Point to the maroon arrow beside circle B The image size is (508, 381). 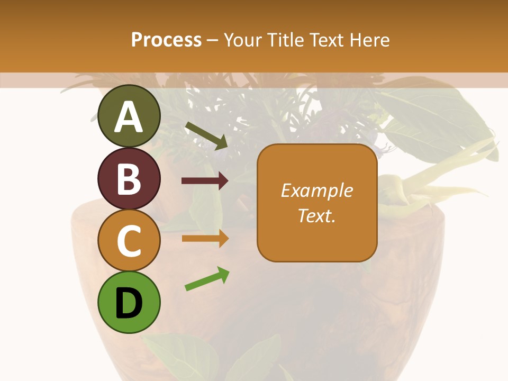coord(205,181)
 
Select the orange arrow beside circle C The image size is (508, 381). coord(205,238)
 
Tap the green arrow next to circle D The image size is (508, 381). coord(207,279)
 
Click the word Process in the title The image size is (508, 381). coord(166,40)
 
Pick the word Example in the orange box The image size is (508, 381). coord(316,190)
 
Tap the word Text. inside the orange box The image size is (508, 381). coord(316,215)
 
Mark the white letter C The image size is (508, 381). coord(129,241)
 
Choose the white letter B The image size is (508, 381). coord(129,179)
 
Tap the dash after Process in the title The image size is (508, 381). coord(213,40)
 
